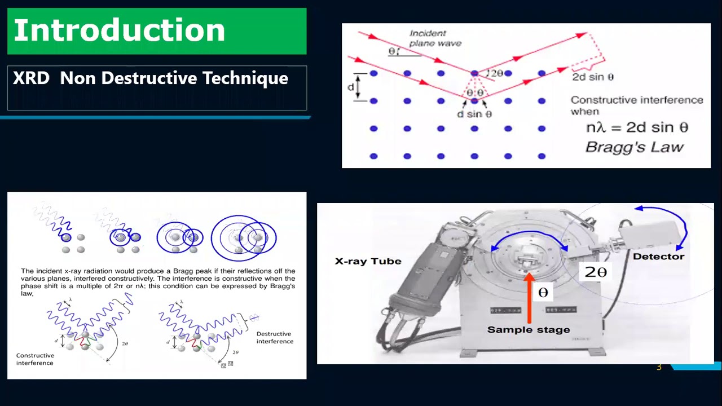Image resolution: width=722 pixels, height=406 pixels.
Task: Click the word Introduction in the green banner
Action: (x=119, y=30)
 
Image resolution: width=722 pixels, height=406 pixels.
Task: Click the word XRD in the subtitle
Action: (x=31, y=78)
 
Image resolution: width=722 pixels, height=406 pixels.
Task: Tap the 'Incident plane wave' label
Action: (x=435, y=38)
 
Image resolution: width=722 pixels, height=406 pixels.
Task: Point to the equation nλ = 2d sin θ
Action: (x=637, y=127)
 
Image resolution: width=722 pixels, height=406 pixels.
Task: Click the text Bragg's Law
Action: (x=634, y=147)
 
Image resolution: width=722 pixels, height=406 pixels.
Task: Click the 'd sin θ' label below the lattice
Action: (x=474, y=114)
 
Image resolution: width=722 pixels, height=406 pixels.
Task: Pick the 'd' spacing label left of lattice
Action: (x=351, y=87)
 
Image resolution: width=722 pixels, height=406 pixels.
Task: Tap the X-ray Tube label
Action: (x=368, y=261)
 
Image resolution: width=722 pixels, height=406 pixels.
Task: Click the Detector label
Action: (x=658, y=257)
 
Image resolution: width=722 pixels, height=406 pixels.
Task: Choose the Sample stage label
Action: (x=529, y=330)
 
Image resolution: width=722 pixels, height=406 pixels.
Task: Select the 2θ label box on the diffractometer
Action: (x=596, y=272)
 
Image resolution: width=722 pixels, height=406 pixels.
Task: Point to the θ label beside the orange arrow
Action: (x=543, y=293)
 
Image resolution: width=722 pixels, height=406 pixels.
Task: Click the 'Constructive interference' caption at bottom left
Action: (x=35, y=359)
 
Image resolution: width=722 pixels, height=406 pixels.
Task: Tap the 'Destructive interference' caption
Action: (x=275, y=337)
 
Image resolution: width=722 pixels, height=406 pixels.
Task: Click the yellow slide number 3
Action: (x=658, y=368)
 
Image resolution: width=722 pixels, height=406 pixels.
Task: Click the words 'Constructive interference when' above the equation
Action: (x=636, y=105)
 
